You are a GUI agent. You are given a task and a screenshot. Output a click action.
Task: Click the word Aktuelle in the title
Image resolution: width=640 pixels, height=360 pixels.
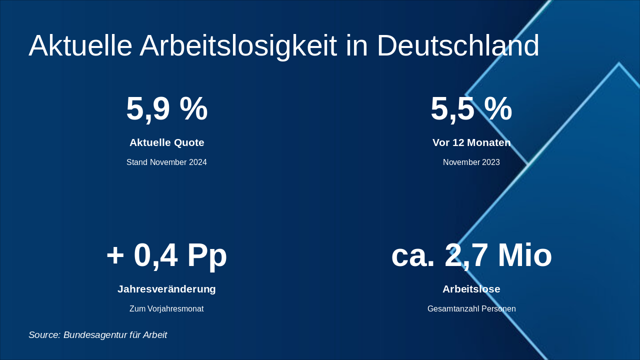click(80, 46)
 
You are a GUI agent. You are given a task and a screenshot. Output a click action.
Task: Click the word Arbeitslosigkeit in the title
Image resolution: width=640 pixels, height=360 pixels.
click(238, 46)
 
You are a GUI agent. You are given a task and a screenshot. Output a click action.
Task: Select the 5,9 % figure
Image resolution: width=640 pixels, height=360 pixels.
click(166, 108)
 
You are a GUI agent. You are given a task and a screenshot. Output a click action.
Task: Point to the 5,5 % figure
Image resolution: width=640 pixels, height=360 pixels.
click(471, 108)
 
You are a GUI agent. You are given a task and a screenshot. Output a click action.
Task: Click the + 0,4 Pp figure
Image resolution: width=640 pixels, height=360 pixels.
click(166, 255)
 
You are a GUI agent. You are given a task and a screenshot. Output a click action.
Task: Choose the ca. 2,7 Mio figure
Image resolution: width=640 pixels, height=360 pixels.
click(471, 255)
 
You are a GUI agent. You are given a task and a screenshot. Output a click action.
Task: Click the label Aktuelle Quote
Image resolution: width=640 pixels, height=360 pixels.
click(166, 142)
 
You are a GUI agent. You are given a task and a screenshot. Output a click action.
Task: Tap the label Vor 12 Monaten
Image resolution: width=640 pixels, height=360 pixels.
click(471, 142)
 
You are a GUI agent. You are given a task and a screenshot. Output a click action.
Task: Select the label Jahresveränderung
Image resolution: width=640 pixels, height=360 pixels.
click(166, 289)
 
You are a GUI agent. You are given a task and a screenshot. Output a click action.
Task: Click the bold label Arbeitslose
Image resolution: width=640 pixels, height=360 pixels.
click(471, 289)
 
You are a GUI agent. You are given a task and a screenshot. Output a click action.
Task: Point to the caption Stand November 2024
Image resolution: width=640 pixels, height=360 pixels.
click(166, 162)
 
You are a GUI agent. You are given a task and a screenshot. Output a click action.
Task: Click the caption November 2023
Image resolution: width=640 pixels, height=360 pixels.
click(471, 162)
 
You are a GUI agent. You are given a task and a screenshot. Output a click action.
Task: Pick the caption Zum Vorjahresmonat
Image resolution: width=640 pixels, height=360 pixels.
click(166, 309)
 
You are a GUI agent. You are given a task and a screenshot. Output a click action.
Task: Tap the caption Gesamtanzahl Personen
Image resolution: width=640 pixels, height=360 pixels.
click(471, 309)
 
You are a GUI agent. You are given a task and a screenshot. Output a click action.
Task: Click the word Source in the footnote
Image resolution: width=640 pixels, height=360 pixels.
click(44, 335)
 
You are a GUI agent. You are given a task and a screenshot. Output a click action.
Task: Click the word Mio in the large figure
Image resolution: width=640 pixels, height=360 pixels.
click(524, 255)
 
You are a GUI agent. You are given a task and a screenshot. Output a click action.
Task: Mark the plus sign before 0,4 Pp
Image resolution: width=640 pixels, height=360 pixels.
click(115, 255)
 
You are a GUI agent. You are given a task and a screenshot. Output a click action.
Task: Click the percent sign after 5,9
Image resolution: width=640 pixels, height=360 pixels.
click(193, 108)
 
